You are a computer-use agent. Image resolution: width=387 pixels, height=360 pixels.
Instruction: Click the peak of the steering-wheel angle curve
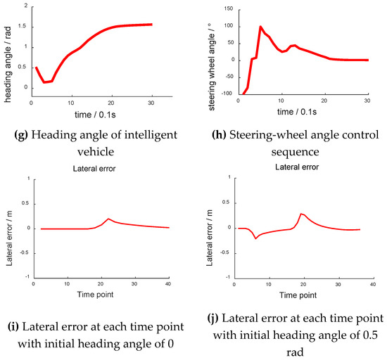coord(260,27)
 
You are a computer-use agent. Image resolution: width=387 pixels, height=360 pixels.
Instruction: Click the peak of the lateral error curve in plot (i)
coord(109,219)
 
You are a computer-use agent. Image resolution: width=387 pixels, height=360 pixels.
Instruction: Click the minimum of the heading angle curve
coord(44,82)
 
